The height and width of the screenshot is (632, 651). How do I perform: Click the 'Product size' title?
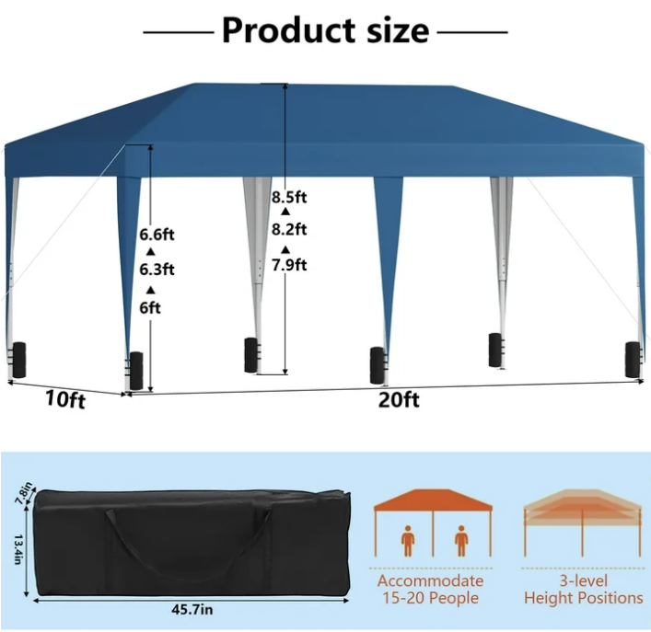[x=325, y=30]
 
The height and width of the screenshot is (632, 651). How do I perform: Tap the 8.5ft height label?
[x=289, y=196]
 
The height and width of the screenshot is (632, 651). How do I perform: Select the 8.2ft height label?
[x=289, y=230]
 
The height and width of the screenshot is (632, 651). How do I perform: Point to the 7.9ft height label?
[x=289, y=266]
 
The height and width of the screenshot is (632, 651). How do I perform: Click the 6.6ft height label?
[x=157, y=235]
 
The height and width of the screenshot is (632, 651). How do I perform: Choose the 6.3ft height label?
[x=157, y=270]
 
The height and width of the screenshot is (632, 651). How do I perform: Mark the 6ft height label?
[x=150, y=307]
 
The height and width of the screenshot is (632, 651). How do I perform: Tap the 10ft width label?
[x=65, y=400]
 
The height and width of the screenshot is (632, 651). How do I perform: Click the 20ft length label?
[x=399, y=399]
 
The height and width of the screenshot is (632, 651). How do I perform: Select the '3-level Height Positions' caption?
[x=583, y=589]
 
